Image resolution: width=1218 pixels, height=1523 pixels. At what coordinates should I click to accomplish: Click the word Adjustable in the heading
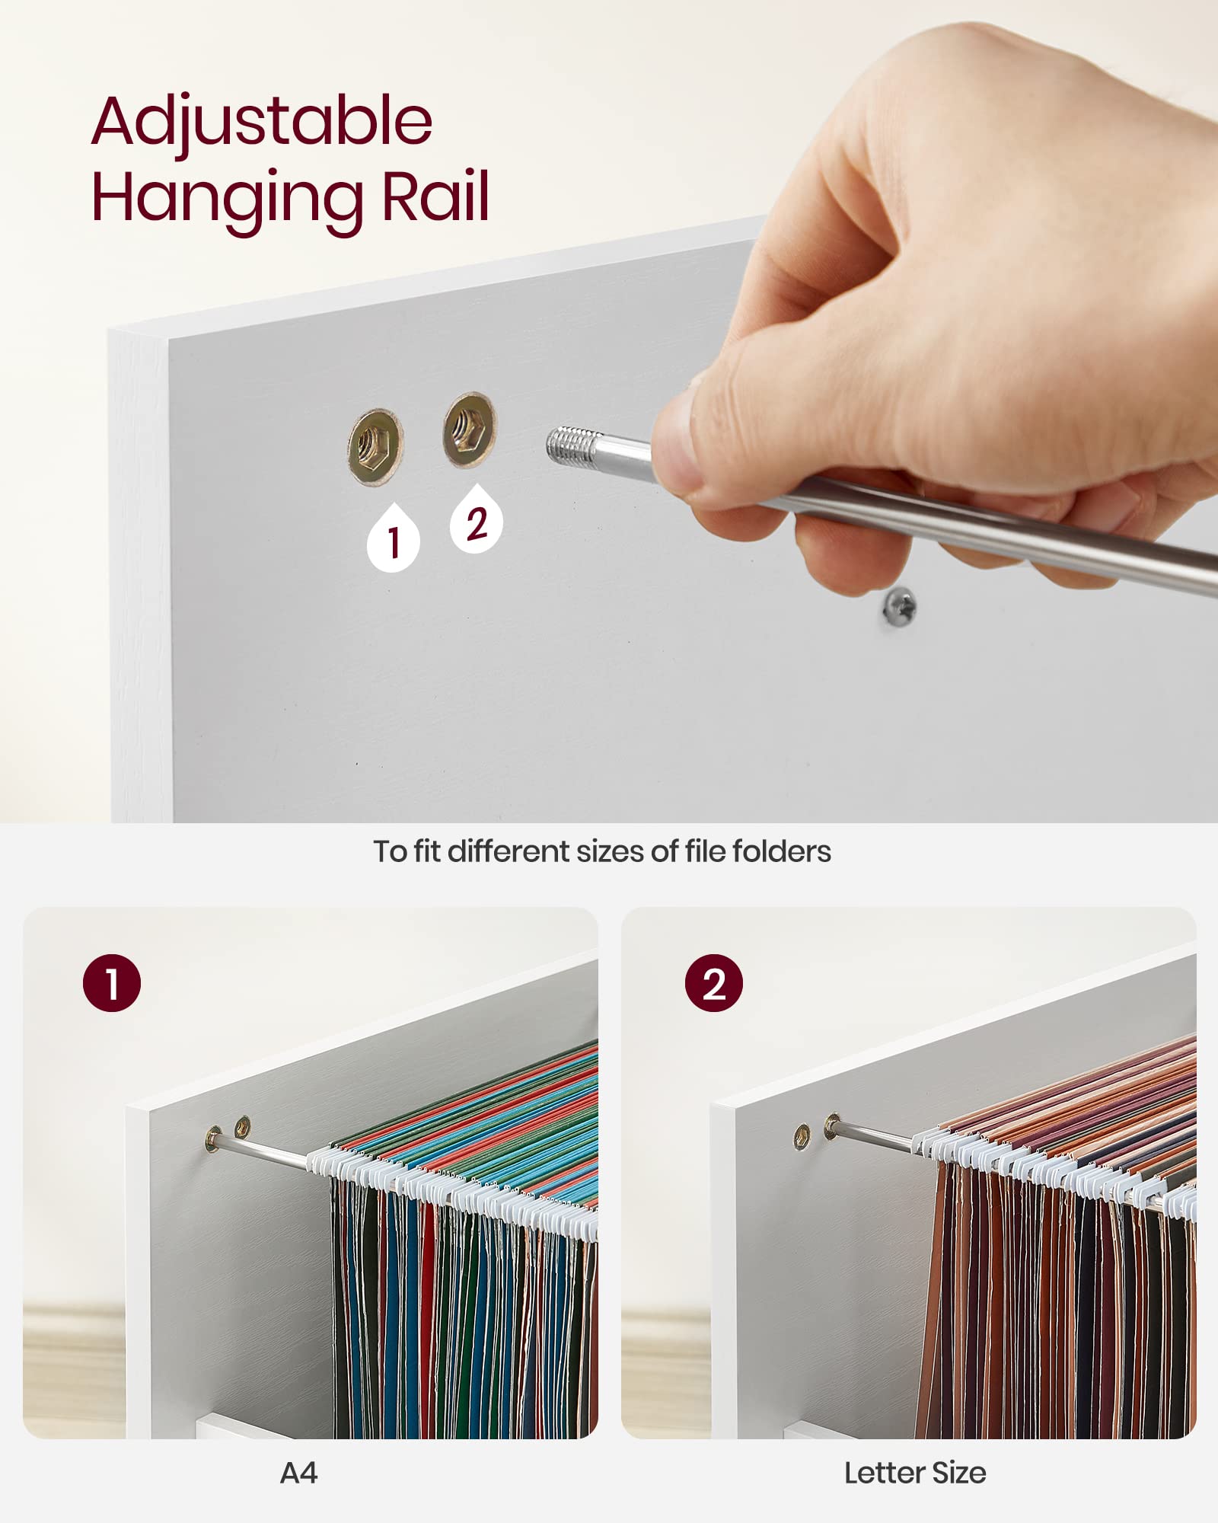pos(262,123)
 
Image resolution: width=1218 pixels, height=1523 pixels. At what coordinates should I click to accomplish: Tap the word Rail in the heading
pos(435,196)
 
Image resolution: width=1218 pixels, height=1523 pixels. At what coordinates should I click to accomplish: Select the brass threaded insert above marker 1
pos(375,446)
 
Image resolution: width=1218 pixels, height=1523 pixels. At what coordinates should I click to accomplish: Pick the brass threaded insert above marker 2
pos(470,429)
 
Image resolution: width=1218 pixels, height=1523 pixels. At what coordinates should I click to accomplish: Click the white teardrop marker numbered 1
pos(393,538)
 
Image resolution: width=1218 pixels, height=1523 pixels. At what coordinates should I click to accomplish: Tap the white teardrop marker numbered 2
pos(477,520)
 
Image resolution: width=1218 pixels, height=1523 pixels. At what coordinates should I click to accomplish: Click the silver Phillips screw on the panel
pos(899,607)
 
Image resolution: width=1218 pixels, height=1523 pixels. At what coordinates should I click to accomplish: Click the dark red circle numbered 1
pos(112,983)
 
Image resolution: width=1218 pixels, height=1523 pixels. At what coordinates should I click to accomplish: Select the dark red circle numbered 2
pos(714,983)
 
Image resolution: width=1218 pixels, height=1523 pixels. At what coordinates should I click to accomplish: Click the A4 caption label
pos(298,1474)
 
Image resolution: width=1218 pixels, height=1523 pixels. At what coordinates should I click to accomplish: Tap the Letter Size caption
pos(915,1474)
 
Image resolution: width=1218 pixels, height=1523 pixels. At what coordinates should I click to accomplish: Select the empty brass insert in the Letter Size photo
pos(802,1137)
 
